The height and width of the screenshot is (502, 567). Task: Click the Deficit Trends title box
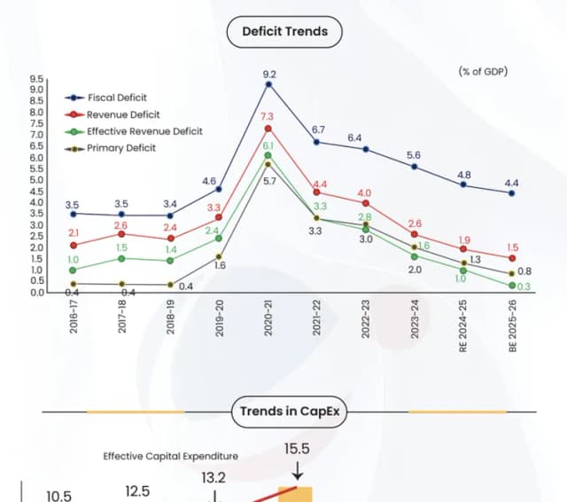[x=284, y=32]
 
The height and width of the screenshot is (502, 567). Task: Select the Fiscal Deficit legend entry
[x=117, y=98]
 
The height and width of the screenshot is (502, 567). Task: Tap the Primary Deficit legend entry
[x=120, y=147]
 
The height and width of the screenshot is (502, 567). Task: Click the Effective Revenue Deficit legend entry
[x=144, y=131]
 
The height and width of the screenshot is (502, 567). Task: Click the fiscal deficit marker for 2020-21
[x=268, y=84]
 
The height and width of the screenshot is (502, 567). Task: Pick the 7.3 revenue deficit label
[x=268, y=117]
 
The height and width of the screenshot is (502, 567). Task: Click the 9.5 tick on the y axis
[x=37, y=79]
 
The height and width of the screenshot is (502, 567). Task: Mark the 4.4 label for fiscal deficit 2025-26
[x=512, y=183]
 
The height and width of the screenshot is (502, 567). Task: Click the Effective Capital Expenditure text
[x=170, y=456]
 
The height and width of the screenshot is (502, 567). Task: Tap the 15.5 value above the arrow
[x=297, y=449]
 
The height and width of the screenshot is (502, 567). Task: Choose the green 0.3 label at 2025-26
[x=524, y=286]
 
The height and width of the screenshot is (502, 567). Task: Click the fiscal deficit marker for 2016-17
[x=73, y=213]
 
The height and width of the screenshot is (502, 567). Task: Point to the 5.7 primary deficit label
[x=270, y=181]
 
